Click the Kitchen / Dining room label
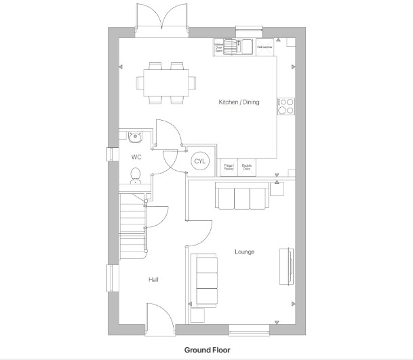pos(238,102)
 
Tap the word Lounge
pos(245,252)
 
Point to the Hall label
pos(153,279)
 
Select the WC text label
pos(136,157)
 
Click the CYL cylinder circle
pos(199,161)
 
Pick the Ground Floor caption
pos(207,351)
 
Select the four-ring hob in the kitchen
pos(286,106)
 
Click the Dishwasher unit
pos(264,47)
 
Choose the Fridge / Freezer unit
pos(229,167)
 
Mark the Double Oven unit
pos(247,167)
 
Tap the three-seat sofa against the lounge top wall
pos(241,197)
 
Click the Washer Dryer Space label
pos(219,47)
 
